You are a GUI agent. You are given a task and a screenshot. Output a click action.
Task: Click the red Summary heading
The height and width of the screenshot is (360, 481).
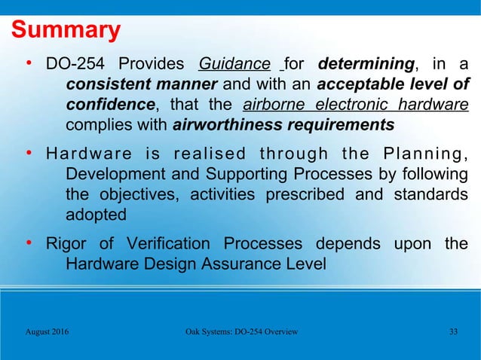coord(65,30)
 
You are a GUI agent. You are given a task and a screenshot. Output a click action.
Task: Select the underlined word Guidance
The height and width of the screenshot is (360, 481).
coord(234,63)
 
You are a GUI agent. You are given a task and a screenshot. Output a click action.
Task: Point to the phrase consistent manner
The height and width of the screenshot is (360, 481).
coord(124,83)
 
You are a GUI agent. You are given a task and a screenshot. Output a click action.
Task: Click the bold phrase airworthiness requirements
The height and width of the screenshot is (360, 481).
coord(283,124)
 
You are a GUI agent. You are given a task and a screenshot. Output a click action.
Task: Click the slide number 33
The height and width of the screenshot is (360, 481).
coord(453,332)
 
